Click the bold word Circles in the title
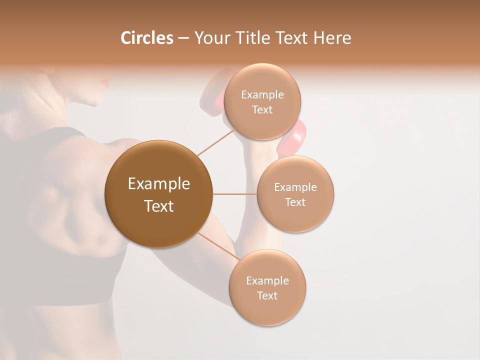coord(146,38)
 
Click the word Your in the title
coord(211,38)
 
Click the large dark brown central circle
coord(158,194)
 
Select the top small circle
coord(262,102)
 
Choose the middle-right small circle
coord(295,194)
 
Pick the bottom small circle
coord(267,287)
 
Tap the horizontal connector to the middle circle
coord(234,194)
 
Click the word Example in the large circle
coord(158,184)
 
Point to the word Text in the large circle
coord(158,206)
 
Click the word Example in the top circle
coord(262,95)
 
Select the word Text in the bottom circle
coord(267,295)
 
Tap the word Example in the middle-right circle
coord(295,187)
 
